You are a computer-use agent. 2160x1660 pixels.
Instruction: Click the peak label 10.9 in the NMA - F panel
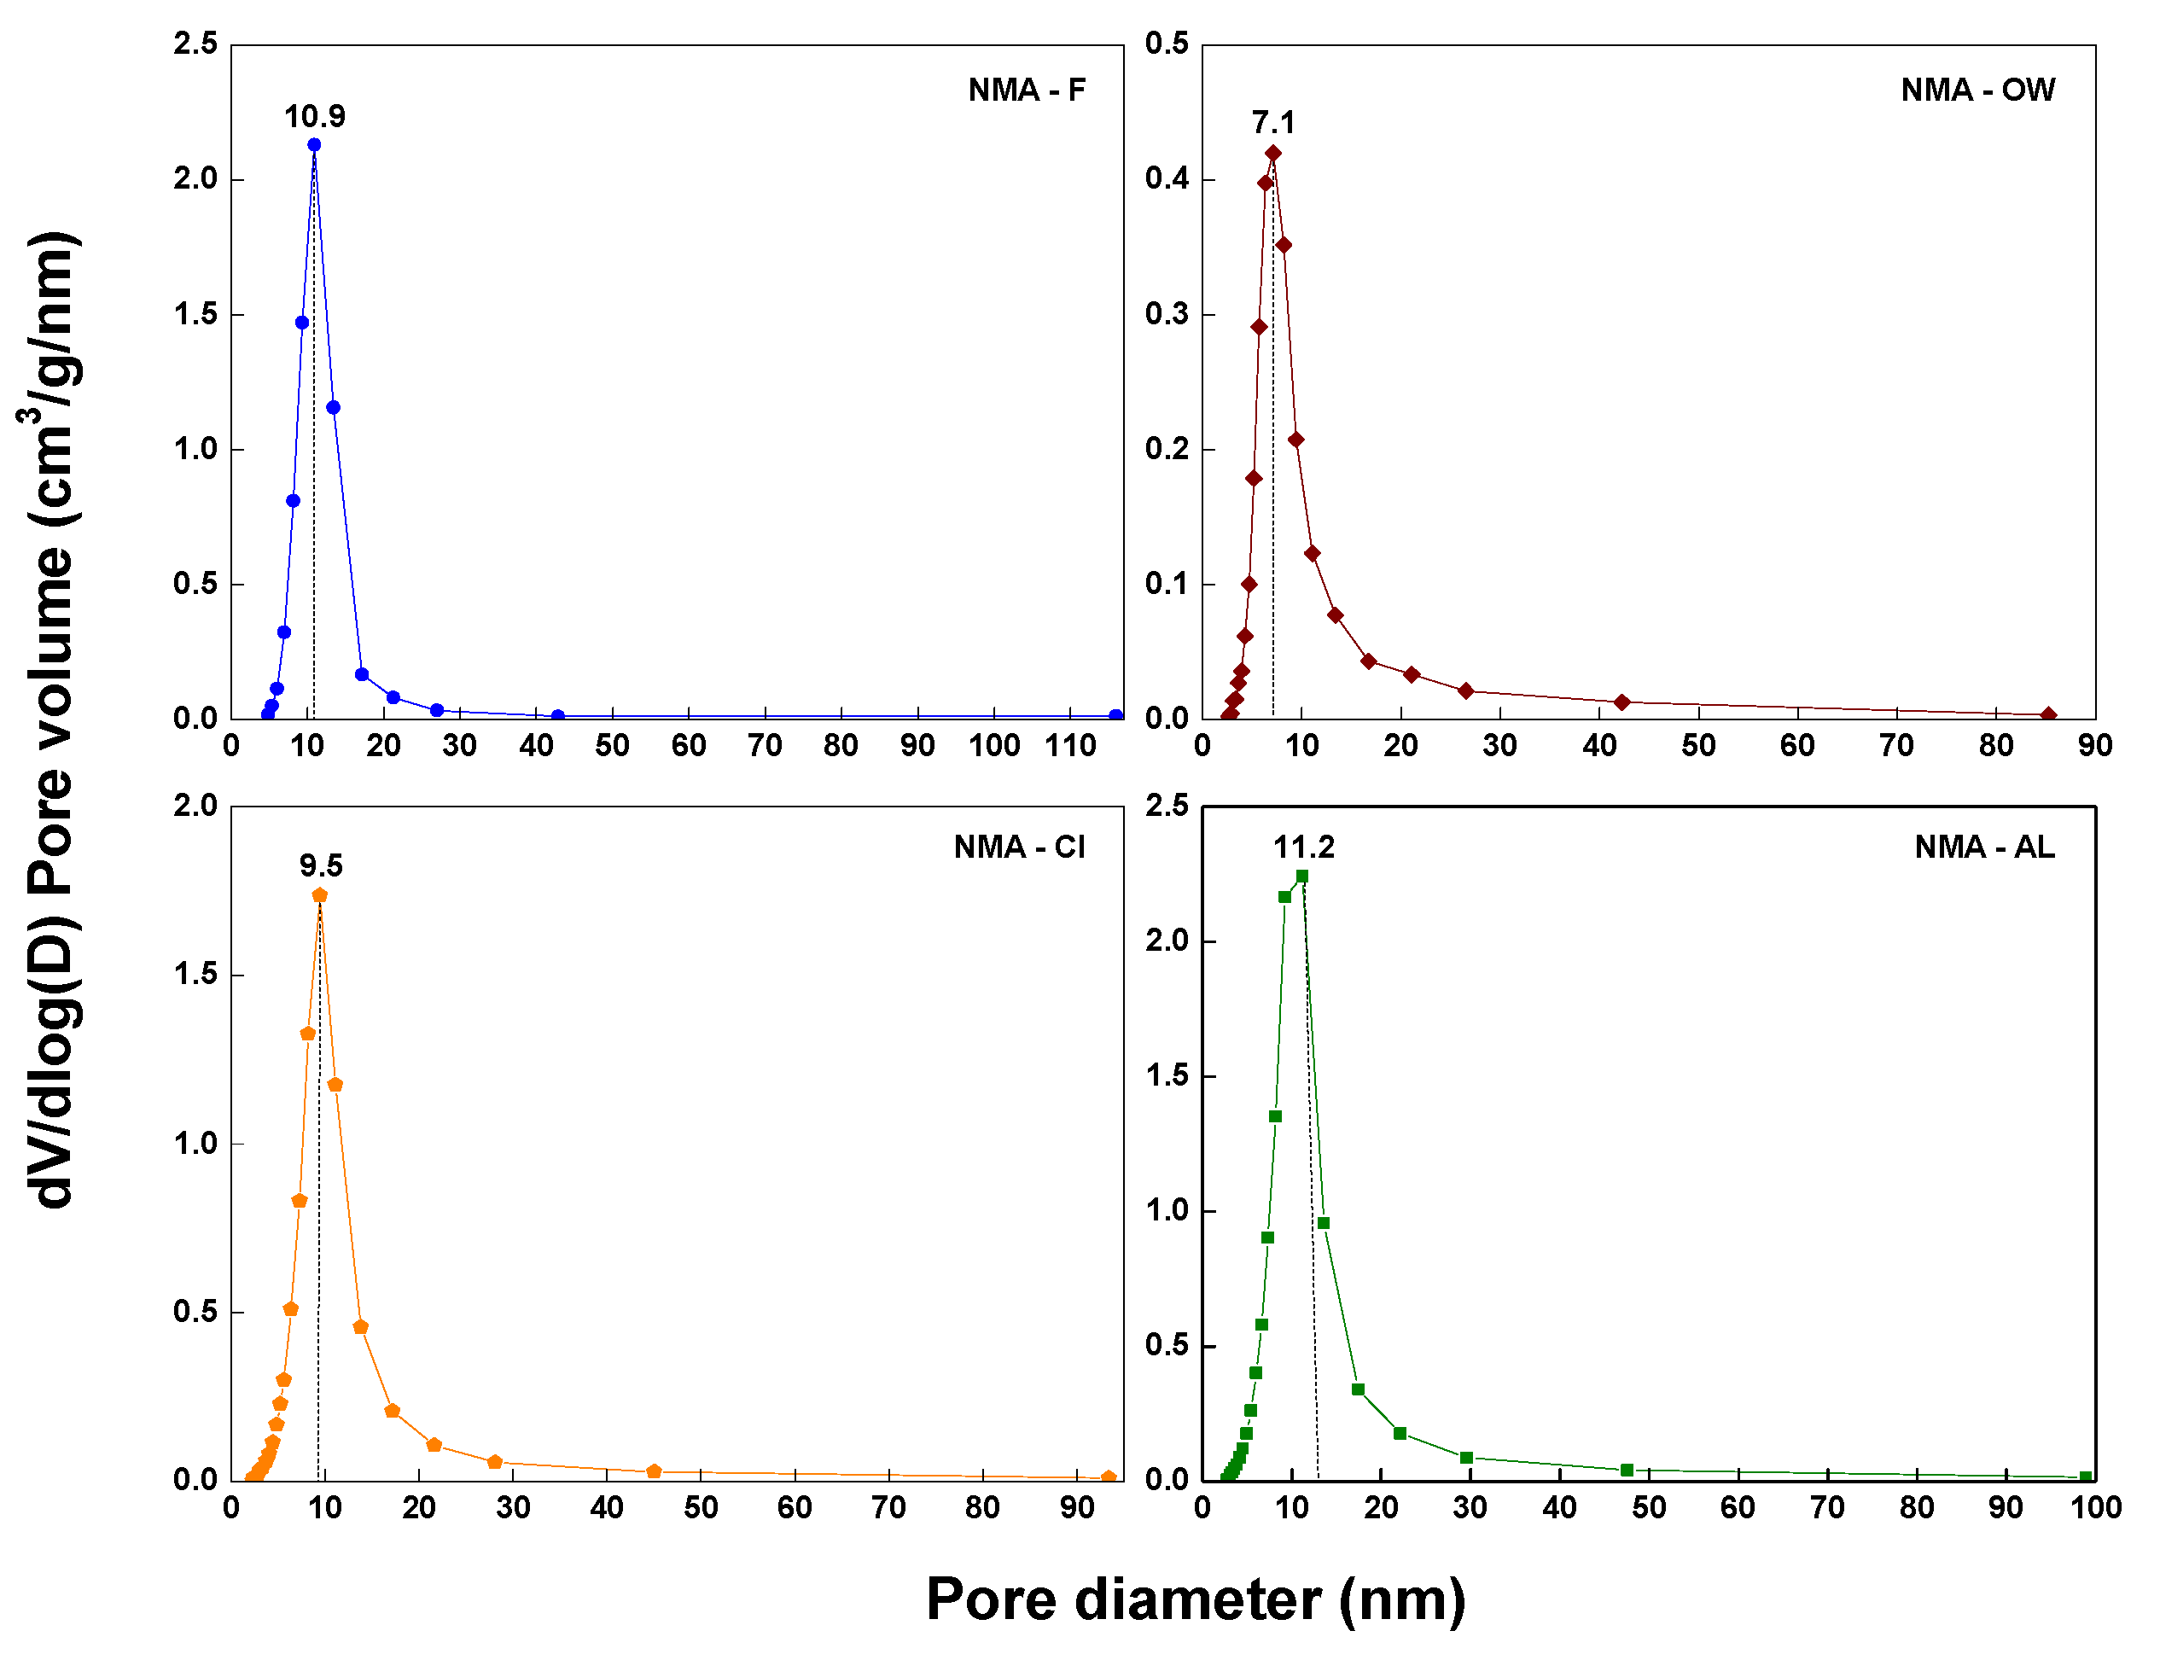click(314, 117)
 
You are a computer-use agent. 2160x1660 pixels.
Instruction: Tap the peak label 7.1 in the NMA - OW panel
click(1272, 123)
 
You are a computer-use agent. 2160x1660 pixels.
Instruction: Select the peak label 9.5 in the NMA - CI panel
click(321, 866)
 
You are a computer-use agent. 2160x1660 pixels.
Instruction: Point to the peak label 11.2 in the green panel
click(1303, 847)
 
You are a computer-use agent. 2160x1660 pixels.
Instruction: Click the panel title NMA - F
click(1027, 90)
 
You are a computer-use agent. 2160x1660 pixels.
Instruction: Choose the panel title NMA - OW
click(1977, 90)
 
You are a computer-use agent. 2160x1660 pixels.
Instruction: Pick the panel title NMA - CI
click(1019, 847)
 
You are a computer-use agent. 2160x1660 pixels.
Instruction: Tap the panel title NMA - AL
click(1984, 847)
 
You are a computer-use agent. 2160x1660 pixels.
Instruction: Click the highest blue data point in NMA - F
click(314, 145)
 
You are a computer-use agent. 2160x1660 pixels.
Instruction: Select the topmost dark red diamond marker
click(1272, 153)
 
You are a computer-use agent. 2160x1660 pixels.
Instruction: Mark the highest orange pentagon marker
click(319, 895)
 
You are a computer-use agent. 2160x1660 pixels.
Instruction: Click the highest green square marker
click(1302, 877)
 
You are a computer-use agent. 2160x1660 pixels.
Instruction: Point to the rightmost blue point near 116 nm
click(1115, 715)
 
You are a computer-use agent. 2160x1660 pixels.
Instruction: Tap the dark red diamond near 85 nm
click(2048, 714)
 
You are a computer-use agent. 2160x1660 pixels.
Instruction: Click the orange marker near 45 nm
click(653, 1471)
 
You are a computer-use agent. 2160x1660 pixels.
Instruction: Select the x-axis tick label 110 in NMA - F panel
click(1070, 746)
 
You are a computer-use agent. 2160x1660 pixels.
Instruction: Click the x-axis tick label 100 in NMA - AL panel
click(2096, 1508)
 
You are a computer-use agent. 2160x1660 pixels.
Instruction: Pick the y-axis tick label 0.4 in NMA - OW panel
click(1167, 179)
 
